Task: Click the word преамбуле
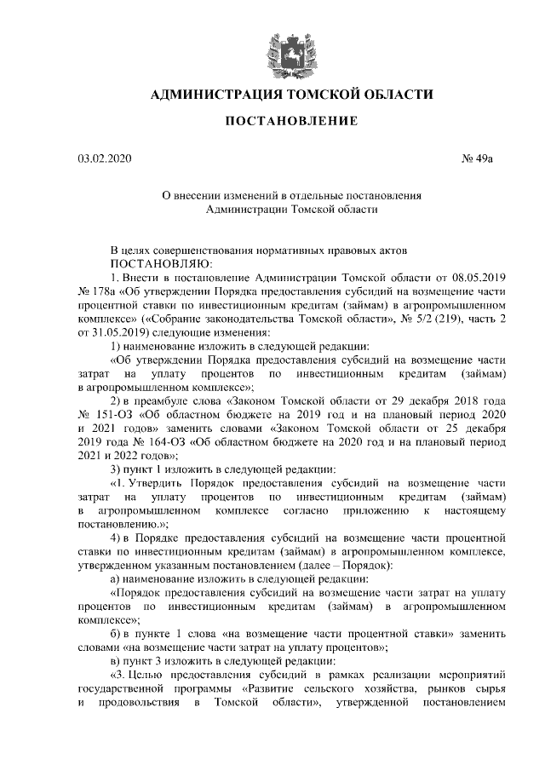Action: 168,400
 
